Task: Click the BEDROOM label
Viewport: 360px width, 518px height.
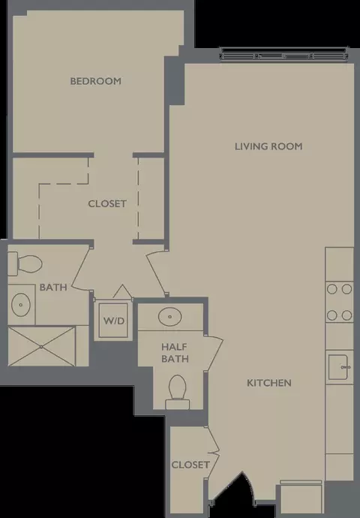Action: click(x=96, y=81)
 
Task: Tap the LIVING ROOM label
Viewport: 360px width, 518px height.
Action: click(x=268, y=146)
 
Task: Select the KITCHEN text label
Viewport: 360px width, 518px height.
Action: click(x=269, y=383)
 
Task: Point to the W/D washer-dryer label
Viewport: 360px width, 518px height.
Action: click(x=114, y=321)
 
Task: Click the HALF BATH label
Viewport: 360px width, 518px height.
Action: click(x=175, y=353)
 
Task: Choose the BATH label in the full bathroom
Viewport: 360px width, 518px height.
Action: click(x=53, y=287)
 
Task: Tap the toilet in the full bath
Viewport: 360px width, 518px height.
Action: click(x=25, y=264)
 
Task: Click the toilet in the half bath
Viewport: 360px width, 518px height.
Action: click(x=178, y=392)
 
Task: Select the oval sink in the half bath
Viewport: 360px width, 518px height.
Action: click(x=170, y=317)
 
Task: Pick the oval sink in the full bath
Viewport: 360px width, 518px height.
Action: click(x=21, y=305)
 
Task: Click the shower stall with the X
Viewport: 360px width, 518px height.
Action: click(x=41, y=347)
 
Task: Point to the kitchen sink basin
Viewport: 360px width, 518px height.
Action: click(x=338, y=367)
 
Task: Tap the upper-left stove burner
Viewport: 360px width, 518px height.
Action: click(x=332, y=289)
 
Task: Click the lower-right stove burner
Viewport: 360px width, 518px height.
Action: click(x=346, y=315)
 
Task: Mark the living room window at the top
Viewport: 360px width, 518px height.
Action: click(x=284, y=55)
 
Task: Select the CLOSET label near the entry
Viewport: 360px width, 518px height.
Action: click(x=190, y=465)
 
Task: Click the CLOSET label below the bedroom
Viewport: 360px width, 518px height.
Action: click(x=107, y=203)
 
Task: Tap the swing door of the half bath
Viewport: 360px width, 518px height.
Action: click(x=214, y=354)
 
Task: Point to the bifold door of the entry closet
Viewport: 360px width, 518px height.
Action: click(x=212, y=452)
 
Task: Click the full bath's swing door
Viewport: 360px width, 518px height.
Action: click(x=81, y=267)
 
